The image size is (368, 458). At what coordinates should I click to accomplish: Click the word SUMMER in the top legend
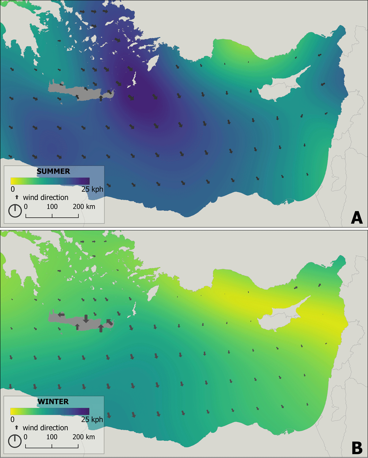(x=53, y=171)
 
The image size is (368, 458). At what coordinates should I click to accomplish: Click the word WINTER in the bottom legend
(x=53, y=401)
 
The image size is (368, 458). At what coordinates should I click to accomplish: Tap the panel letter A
(x=357, y=218)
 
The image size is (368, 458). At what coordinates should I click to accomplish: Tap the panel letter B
(x=357, y=448)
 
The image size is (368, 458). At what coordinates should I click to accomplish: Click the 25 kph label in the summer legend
(x=92, y=189)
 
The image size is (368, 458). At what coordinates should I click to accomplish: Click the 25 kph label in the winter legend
(x=92, y=419)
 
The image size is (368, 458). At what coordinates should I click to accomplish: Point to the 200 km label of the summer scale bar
(x=84, y=207)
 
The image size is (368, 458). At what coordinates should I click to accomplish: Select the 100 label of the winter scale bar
(x=52, y=437)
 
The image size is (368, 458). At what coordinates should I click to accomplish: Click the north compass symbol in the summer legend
(x=15, y=211)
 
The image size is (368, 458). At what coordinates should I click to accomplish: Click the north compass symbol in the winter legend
(x=15, y=441)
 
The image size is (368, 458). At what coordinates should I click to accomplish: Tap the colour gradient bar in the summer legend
(x=50, y=181)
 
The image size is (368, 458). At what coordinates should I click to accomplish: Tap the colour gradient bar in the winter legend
(x=50, y=411)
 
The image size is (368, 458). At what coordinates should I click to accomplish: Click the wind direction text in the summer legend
(x=46, y=197)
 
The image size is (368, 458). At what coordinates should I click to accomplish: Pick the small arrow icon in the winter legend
(x=17, y=427)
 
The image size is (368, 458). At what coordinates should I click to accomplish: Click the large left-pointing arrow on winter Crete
(x=61, y=314)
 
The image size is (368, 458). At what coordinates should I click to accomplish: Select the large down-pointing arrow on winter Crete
(x=86, y=319)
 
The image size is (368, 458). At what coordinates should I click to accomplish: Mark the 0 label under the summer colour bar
(x=13, y=189)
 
